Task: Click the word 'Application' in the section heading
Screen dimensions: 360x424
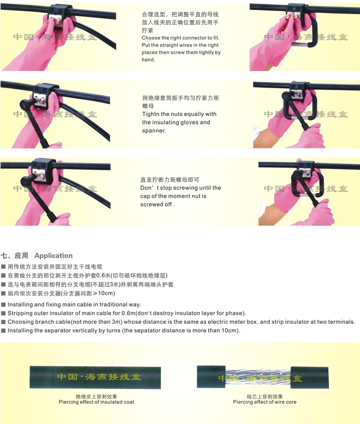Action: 54,255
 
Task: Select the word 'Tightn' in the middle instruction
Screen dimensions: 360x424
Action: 150,114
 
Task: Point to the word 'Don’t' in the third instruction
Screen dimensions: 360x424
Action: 150,187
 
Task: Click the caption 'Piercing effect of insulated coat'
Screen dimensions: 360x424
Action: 96,402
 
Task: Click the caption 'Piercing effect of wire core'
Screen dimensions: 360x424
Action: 265,402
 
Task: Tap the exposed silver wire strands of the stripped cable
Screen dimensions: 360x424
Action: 258,377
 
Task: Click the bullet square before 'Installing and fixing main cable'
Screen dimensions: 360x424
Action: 3,304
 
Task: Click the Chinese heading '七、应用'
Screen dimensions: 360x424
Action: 14,255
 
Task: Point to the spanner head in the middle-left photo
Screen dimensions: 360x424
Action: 26,103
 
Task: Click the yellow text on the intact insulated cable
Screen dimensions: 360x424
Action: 99,377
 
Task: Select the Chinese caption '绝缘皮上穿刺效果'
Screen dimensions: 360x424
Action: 96,397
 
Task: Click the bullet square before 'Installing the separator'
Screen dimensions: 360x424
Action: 3,330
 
